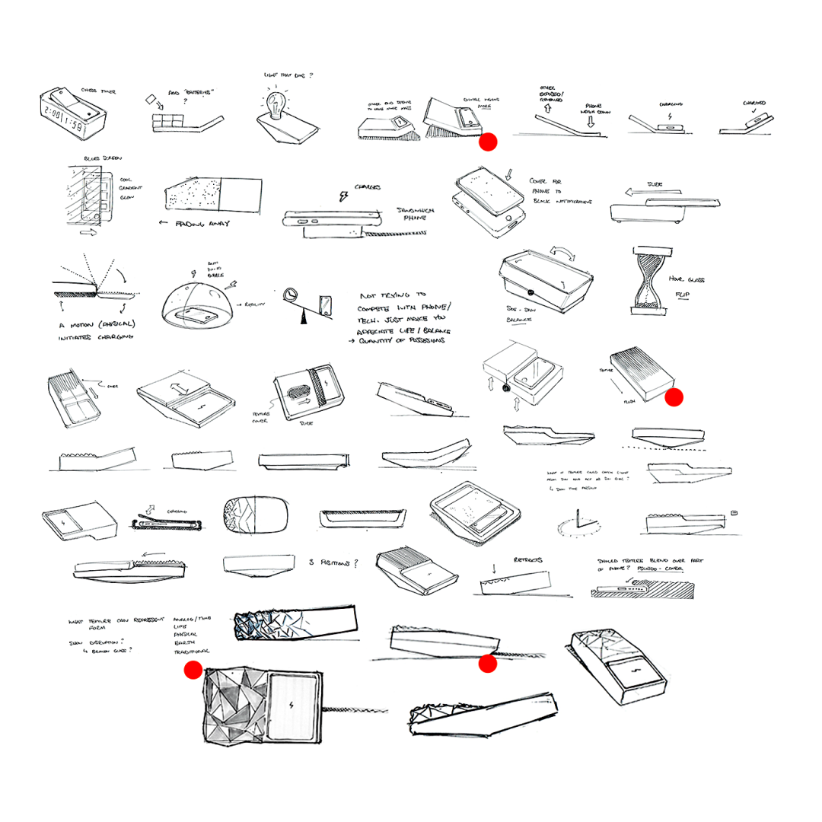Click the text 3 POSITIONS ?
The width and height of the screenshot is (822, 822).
point(333,562)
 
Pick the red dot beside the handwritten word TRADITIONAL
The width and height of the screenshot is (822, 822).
point(193,670)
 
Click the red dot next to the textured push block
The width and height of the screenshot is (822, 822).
point(674,397)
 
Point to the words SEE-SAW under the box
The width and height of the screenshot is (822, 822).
point(518,312)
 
